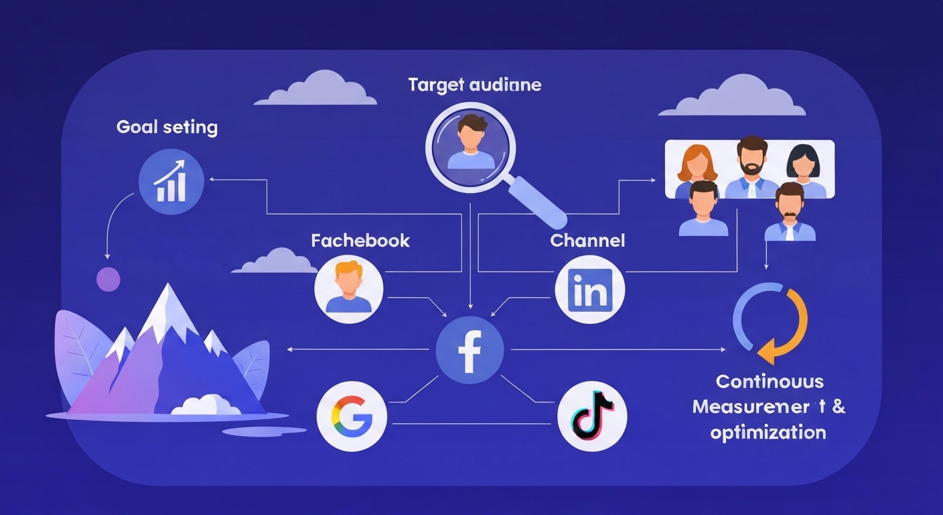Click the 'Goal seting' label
(x=167, y=127)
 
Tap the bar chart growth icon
(x=170, y=182)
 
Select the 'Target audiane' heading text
(x=476, y=86)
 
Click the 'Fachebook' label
(x=360, y=241)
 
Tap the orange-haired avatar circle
(x=348, y=289)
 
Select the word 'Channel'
(x=587, y=241)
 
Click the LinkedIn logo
(x=589, y=290)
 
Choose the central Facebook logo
(x=469, y=350)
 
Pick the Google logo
(x=352, y=417)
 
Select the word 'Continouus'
(x=770, y=382)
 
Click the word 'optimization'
(x=768, y=432)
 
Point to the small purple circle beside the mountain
(x=108, y=279)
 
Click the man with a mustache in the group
(x=790, y=212)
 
